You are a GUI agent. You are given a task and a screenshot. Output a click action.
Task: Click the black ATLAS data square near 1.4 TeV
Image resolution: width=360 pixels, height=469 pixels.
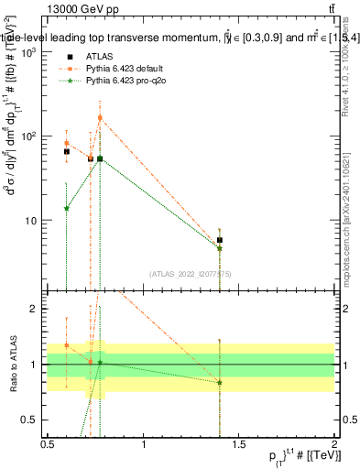pos(220,240)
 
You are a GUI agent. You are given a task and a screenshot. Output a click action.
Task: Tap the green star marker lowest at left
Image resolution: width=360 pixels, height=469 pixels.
pos(66,208)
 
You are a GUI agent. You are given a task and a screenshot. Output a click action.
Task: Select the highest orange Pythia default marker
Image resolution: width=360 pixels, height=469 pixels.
pos(100,117)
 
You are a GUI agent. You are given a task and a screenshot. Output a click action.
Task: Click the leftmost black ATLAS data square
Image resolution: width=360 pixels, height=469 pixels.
pos(66,151)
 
